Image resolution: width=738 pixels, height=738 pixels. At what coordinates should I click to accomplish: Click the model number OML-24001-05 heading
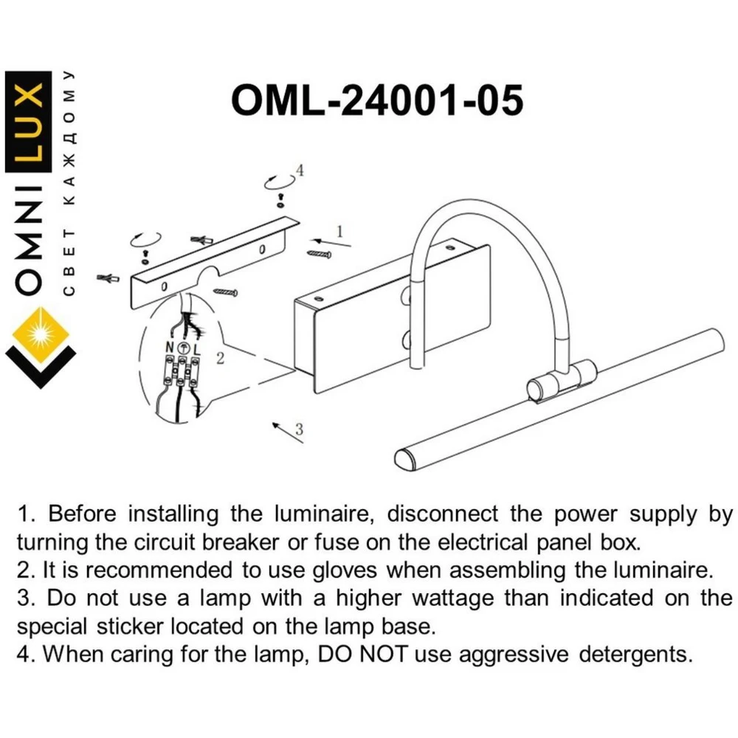[377, 100]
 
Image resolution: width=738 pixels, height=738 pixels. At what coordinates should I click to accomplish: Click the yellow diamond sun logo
[41, 334]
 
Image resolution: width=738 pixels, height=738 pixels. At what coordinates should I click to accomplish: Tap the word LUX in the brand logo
[28, 122]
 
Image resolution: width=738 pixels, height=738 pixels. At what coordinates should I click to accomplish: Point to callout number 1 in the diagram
[339, 232]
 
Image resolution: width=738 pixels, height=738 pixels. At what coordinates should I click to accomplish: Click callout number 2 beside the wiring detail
[220, 359]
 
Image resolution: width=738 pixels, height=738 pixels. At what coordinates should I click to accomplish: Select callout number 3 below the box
[300, 430]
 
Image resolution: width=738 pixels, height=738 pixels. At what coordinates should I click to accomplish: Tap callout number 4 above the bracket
[300, 170]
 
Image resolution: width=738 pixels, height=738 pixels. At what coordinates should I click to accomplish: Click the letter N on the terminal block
[170, 348]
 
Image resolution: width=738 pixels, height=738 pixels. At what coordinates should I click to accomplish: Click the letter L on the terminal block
[197, 349]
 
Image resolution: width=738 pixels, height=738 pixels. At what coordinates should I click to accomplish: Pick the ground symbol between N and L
[184, 348]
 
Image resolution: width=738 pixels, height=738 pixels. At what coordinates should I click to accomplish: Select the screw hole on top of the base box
[317, 300]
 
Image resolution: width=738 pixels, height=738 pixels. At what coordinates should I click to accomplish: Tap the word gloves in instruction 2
[345, 570]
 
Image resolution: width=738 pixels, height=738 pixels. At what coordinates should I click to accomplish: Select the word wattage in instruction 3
[453, 599]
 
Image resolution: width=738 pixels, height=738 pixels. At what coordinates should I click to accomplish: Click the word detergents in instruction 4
[636, 654]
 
